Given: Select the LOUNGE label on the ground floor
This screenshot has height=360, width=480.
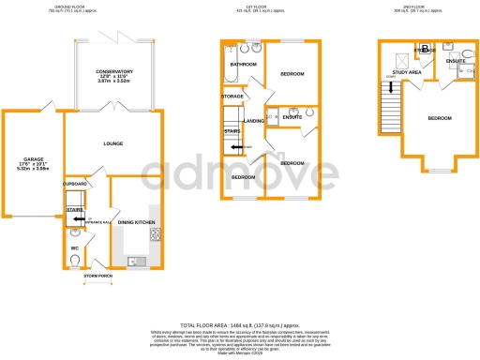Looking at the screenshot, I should click(x=113, y=142).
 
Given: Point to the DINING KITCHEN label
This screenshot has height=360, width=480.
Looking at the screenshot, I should click(x=138, y=221).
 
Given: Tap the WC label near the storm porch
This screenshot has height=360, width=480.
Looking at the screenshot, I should click(x=74, y=247).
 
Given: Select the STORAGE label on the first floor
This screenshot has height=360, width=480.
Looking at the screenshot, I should click(x=232, y=96).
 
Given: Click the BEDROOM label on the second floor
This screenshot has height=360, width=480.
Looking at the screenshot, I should click(x=439, y=118).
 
